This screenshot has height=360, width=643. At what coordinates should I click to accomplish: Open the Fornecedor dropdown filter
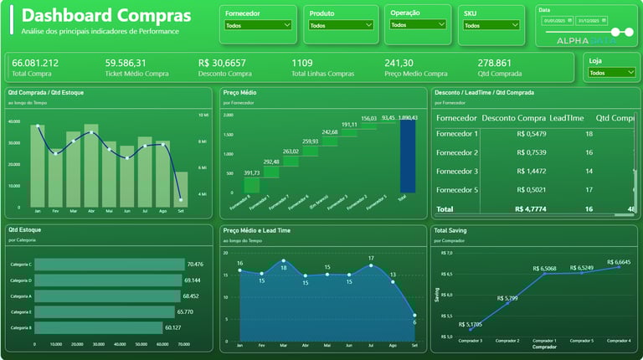258,25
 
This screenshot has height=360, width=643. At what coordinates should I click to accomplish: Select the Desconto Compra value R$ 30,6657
222,63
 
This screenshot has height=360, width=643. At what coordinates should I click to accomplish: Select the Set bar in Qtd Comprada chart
181,189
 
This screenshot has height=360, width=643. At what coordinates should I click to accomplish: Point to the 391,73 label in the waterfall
251,173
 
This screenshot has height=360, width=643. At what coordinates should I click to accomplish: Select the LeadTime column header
567,118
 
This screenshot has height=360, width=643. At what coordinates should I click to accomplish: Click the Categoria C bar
109,265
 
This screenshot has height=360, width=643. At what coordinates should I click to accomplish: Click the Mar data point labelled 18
283,261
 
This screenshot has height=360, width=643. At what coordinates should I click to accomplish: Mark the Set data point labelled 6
414,316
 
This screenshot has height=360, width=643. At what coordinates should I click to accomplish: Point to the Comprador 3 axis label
470,341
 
